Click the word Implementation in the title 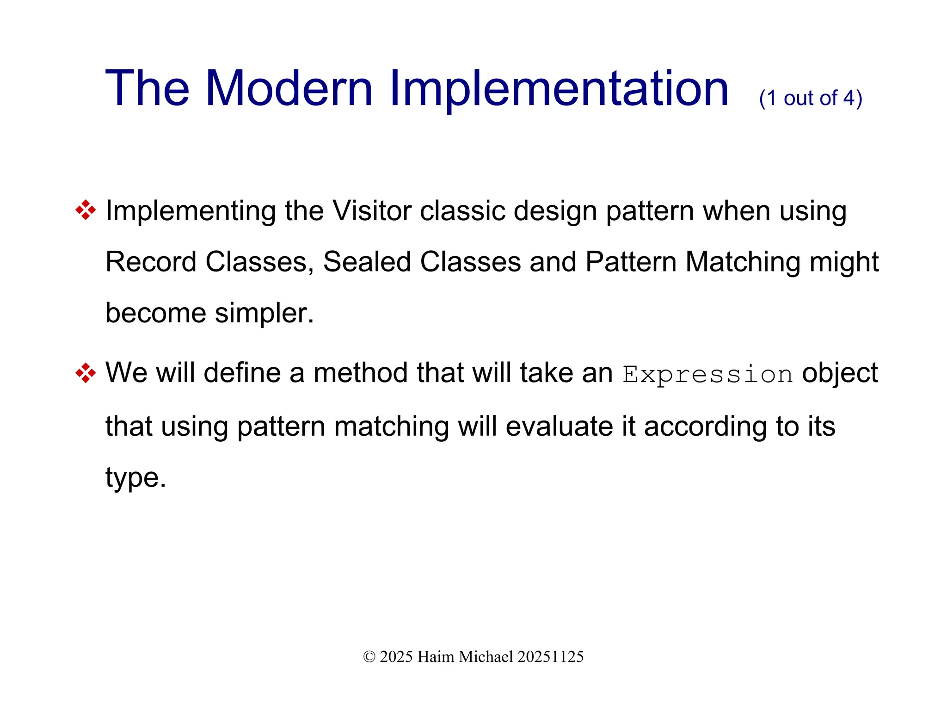point(559,89)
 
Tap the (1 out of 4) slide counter point(810,98)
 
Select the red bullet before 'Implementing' point(86,210)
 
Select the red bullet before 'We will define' point(86,373)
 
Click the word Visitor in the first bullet point(372,211)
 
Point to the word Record point(151,262)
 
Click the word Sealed point(367,262)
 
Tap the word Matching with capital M point(743,262)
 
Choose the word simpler point(264,313)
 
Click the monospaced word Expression point(707,374)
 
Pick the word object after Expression point(839,373)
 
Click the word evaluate point(559,426)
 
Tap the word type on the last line point(135,477)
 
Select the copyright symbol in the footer point(369,657)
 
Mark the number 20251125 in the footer point(550,657)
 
